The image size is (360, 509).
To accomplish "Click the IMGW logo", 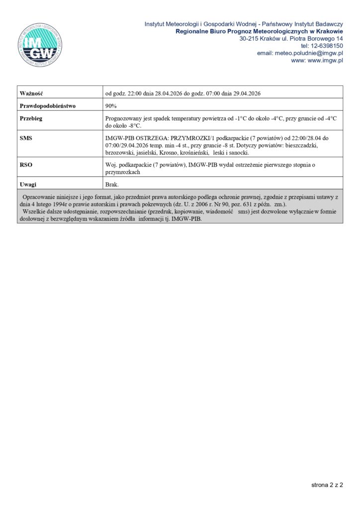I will click(40, 44).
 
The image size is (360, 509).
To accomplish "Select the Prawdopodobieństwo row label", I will click(47, 106).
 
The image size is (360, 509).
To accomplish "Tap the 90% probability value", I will click(111, 106).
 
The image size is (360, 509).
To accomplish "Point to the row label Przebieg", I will click(31, 119).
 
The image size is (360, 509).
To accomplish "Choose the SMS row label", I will click(26, 138).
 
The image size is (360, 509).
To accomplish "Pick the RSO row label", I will click(26, 165).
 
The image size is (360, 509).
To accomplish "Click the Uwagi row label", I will click(28, 184).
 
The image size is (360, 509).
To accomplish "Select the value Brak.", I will click(112, 184).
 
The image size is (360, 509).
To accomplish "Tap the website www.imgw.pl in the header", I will click(326, 61).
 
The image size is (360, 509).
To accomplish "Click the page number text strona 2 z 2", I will click(327, 485).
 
